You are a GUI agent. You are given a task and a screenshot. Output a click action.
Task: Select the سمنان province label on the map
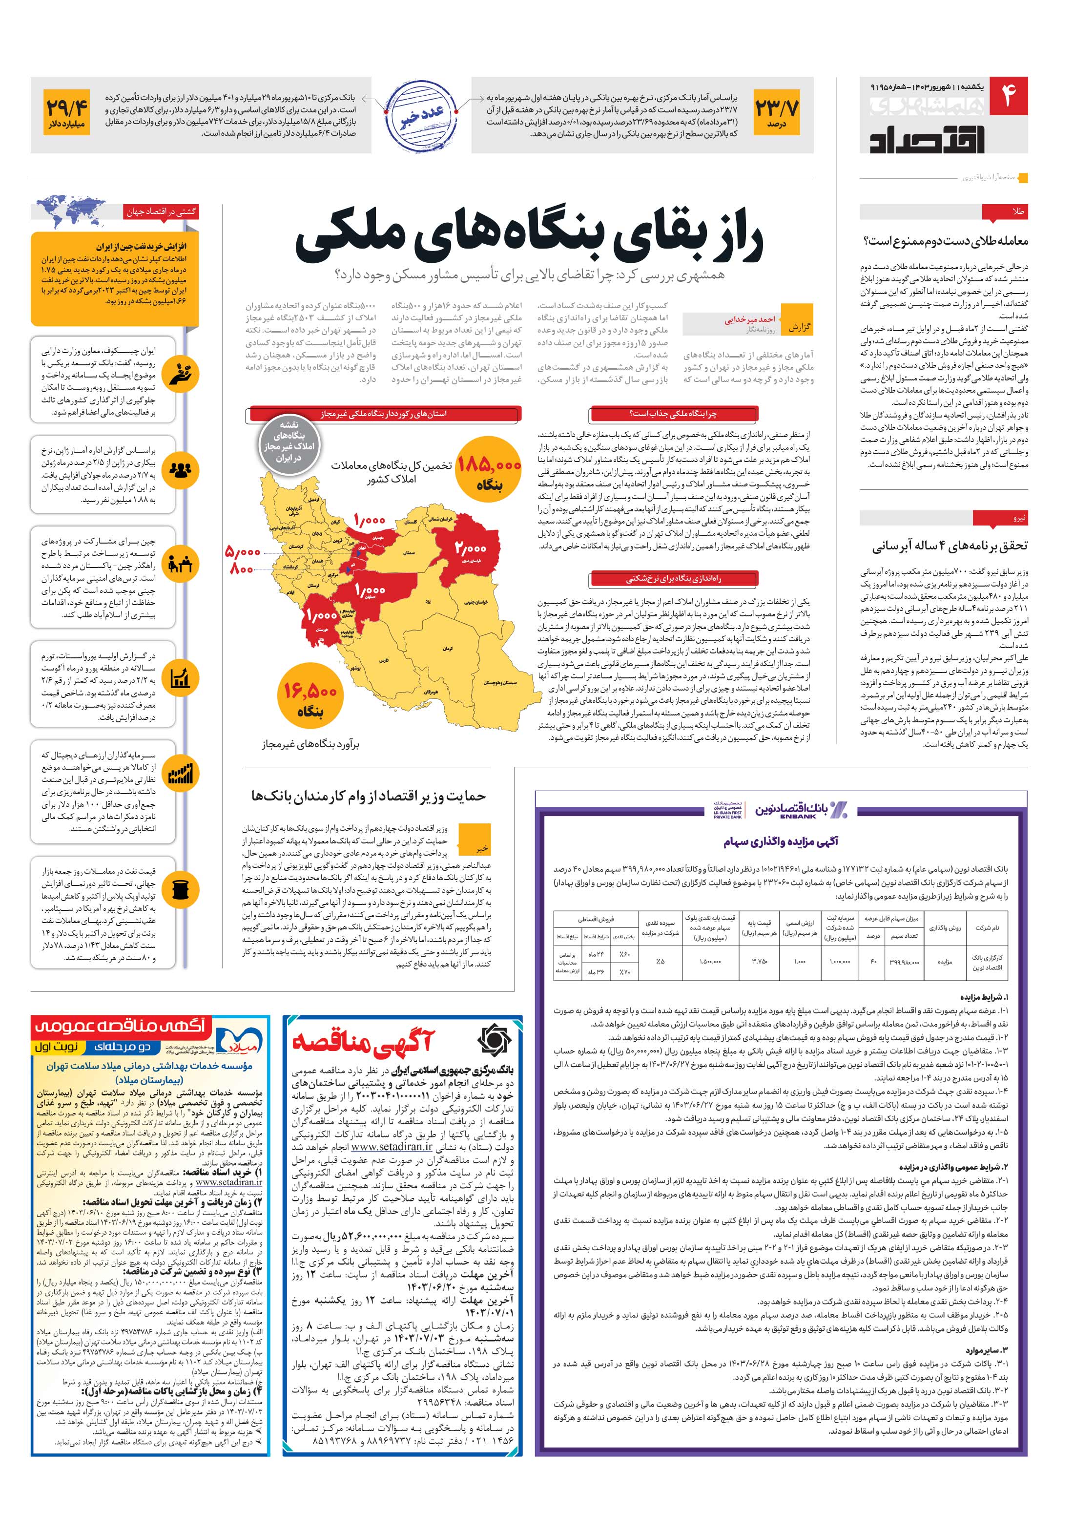(410, 553)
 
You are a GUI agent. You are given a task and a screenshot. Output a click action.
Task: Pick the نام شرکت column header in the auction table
(987, 928)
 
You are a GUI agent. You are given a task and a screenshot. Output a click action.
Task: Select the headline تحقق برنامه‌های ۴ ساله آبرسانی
(949, 546)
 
